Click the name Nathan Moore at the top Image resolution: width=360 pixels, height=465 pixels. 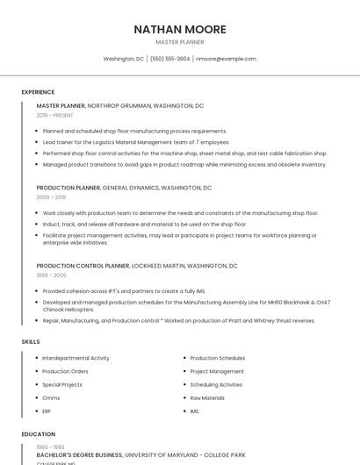[179, 29]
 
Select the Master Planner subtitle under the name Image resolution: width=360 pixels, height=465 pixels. [179, 42]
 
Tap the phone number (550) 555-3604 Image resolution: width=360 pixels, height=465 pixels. [169, 59]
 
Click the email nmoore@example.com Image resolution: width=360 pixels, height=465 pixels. [226, 59]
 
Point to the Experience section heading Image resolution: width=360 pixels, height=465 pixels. [38, 91]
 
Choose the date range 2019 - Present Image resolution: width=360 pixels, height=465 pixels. [54, 115]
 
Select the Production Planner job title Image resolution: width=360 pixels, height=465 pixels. [68, 188]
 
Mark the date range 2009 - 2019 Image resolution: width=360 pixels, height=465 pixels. [51, 197]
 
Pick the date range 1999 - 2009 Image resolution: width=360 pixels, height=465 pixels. [51, 275]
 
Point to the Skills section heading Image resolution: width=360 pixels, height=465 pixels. [30, 341]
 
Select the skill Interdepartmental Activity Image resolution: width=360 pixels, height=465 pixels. [76, 358]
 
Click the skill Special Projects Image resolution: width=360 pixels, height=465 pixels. [61, 384]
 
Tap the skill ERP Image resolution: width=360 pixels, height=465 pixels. [47, 411]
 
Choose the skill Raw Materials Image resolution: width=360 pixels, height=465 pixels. [207, 397]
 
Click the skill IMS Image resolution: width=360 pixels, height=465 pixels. [194, 411]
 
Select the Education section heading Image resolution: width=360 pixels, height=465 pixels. [38, 434]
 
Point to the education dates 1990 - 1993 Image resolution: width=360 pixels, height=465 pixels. [50, 447]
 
